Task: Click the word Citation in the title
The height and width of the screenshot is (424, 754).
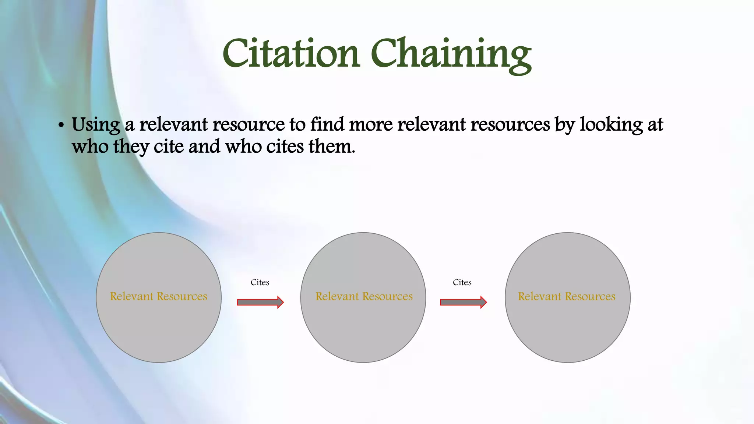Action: (x=291, y=54)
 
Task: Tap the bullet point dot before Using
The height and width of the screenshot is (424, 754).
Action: (x=61, y=125)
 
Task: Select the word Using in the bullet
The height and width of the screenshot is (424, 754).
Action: (x=96, y=124)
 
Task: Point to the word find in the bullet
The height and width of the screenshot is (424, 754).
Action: (x=327, y=124)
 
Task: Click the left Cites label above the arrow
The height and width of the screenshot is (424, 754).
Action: (x=260, y=282)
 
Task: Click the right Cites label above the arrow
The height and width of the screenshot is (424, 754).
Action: (x=462, y=282)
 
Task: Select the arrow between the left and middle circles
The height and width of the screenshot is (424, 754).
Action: (x=260, y=302)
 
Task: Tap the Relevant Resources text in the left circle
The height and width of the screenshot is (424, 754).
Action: (x=159, y=296)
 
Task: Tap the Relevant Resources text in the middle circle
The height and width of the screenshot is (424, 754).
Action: (x=364, y=296)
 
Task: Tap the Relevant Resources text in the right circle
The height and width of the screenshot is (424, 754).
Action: (x=567, y=296)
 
